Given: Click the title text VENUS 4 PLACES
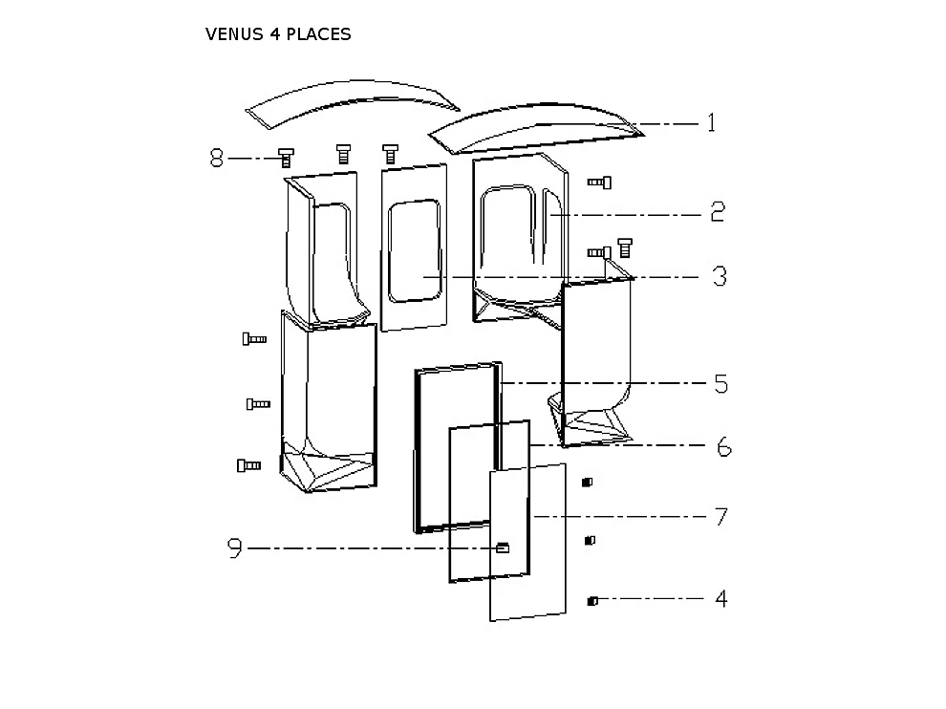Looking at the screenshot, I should pos(278,34).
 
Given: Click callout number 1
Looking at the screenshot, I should pos(711,123).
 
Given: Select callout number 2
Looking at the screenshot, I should pos(717,212).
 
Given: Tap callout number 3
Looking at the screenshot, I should pos(719,277).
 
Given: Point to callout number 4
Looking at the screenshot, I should pos(721,599).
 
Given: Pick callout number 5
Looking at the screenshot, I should pos(720,384).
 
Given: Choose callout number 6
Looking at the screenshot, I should pos(723,446).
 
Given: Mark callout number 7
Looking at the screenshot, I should pos(721,517).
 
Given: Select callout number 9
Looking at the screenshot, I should pos(235,548).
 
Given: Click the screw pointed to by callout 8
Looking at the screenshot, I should pos(285,158).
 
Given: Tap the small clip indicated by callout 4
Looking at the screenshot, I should pos(592,601).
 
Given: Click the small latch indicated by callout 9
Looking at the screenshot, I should pos(503,548).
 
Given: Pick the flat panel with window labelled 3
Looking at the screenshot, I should pos(414,248).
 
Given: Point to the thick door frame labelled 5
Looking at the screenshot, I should pos(418,449).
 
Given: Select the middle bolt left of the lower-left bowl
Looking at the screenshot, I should pos(258,404).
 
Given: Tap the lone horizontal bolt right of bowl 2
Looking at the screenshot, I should pos(599,182).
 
